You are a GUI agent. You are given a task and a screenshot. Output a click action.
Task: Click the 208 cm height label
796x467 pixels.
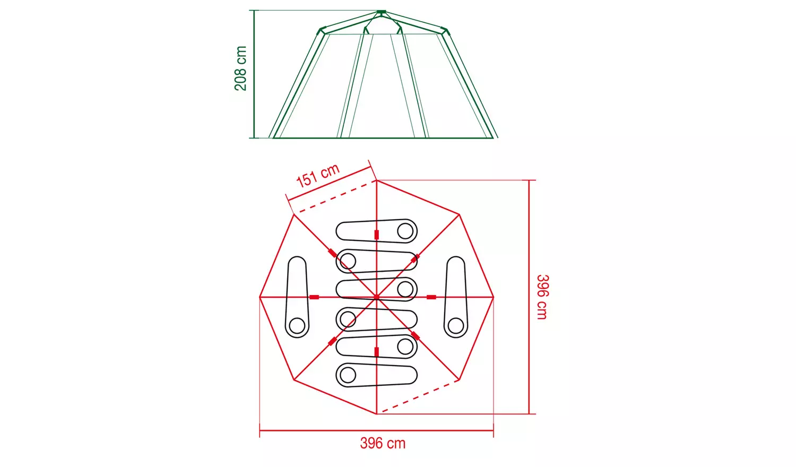tap(240, 68)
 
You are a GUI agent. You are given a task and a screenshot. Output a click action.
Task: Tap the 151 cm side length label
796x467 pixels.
tap(317, 176)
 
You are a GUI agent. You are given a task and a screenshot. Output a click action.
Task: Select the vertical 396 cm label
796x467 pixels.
tap(542, 297)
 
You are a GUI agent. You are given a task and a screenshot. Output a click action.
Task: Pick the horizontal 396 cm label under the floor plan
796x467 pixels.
tap(383, 443)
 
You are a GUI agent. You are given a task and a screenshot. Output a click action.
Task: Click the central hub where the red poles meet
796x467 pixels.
tap(376, 297)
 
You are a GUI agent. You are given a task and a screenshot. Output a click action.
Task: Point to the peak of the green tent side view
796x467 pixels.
tap(381, 12)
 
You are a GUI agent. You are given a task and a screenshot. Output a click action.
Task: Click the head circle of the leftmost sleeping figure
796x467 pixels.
tap(297, 325)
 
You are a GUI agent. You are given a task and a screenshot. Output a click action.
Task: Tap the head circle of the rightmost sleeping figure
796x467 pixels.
tap(456, 325)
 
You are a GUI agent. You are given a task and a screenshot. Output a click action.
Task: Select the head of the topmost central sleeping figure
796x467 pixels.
tap(405, 231)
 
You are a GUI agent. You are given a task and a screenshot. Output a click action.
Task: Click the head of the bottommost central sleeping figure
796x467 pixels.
tap(348, 375)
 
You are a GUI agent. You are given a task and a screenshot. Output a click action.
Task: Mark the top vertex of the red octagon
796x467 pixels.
tap(376, 180)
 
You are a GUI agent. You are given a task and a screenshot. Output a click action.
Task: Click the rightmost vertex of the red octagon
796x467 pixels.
tap(494, 297)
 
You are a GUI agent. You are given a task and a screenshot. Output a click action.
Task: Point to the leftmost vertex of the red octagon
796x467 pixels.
tap(259, 297)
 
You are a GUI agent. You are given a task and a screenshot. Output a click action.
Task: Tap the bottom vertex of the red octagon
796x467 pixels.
tap(376, 414)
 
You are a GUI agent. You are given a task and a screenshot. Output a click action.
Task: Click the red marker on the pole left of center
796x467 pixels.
tap(314, 297)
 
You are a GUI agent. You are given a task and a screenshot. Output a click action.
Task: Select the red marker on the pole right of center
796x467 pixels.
tap(431, 297)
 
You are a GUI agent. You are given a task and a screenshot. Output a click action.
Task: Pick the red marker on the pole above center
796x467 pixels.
tap(376, 235)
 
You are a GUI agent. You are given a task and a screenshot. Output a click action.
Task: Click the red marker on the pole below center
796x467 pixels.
tap(376, 352)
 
